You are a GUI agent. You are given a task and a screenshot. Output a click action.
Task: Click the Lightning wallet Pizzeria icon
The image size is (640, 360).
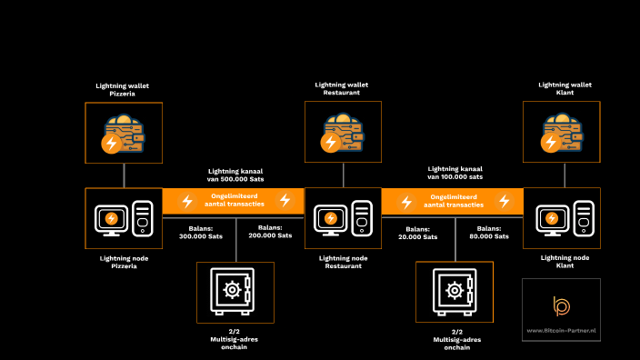coord(124,133)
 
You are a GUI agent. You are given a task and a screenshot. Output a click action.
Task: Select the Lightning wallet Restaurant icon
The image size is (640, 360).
coord(343,133)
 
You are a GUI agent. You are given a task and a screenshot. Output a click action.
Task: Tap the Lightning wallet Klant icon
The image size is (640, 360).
coord(561,133)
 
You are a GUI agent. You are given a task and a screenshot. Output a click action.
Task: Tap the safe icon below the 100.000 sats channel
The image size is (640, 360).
coord(454,292)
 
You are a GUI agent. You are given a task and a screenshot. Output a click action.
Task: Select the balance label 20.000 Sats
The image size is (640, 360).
coord(418,232)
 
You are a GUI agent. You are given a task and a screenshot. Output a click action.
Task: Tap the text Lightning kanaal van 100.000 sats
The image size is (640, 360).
coord(455,173)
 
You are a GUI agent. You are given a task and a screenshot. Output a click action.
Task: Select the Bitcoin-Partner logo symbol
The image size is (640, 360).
coord(561,305)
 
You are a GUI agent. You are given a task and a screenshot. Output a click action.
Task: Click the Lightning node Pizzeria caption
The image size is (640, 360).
coord(124,262)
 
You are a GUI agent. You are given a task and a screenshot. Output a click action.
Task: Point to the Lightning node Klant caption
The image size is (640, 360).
coord(561,262)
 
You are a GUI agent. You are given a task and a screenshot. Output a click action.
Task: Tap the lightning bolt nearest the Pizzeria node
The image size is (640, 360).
coord(187,201)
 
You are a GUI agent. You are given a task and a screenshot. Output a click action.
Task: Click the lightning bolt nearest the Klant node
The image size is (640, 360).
coord(504,201)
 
